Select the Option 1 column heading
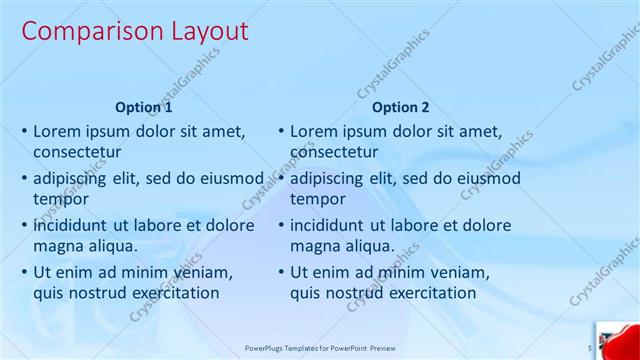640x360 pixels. (x=144, y=107)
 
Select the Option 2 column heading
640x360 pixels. (x=401, y=107)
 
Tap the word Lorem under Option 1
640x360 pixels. (x=58, y=131)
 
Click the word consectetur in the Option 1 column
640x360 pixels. (x=77, y=152)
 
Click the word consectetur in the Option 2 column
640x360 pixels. (x=334, y=152)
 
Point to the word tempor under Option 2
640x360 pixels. (x=317, y=198)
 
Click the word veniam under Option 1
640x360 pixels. (x=204, y=271)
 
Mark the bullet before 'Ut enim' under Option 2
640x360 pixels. (x=281, y=271)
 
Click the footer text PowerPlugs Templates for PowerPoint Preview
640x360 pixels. (x=321, y=348)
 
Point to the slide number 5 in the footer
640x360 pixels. (x=589, y=348)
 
